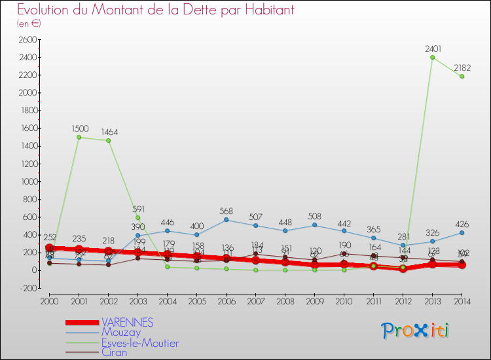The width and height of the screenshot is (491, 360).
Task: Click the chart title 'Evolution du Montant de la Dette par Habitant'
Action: (156, 10)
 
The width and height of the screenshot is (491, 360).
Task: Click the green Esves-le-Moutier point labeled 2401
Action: (432, 57)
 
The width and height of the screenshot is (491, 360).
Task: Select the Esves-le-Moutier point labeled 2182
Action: (462, 76)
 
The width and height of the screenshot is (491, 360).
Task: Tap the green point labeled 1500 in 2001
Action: (79, 137)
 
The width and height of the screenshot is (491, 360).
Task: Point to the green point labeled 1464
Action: (108, 140)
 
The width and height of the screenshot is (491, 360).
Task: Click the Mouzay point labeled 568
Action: (226, 220)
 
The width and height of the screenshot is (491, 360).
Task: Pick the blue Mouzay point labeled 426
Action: (462, 232)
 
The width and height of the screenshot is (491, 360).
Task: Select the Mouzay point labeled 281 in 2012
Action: (403, 245)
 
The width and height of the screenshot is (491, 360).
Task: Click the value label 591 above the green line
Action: (137, 209)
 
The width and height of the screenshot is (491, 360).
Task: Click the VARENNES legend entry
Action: (128, 322)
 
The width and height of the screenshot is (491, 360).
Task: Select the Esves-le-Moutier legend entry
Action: (139, 342)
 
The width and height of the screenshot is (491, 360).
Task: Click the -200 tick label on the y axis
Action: (27, 288)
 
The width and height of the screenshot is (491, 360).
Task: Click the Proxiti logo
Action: (415, 331)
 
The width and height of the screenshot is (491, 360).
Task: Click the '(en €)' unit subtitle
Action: (29, 24)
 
